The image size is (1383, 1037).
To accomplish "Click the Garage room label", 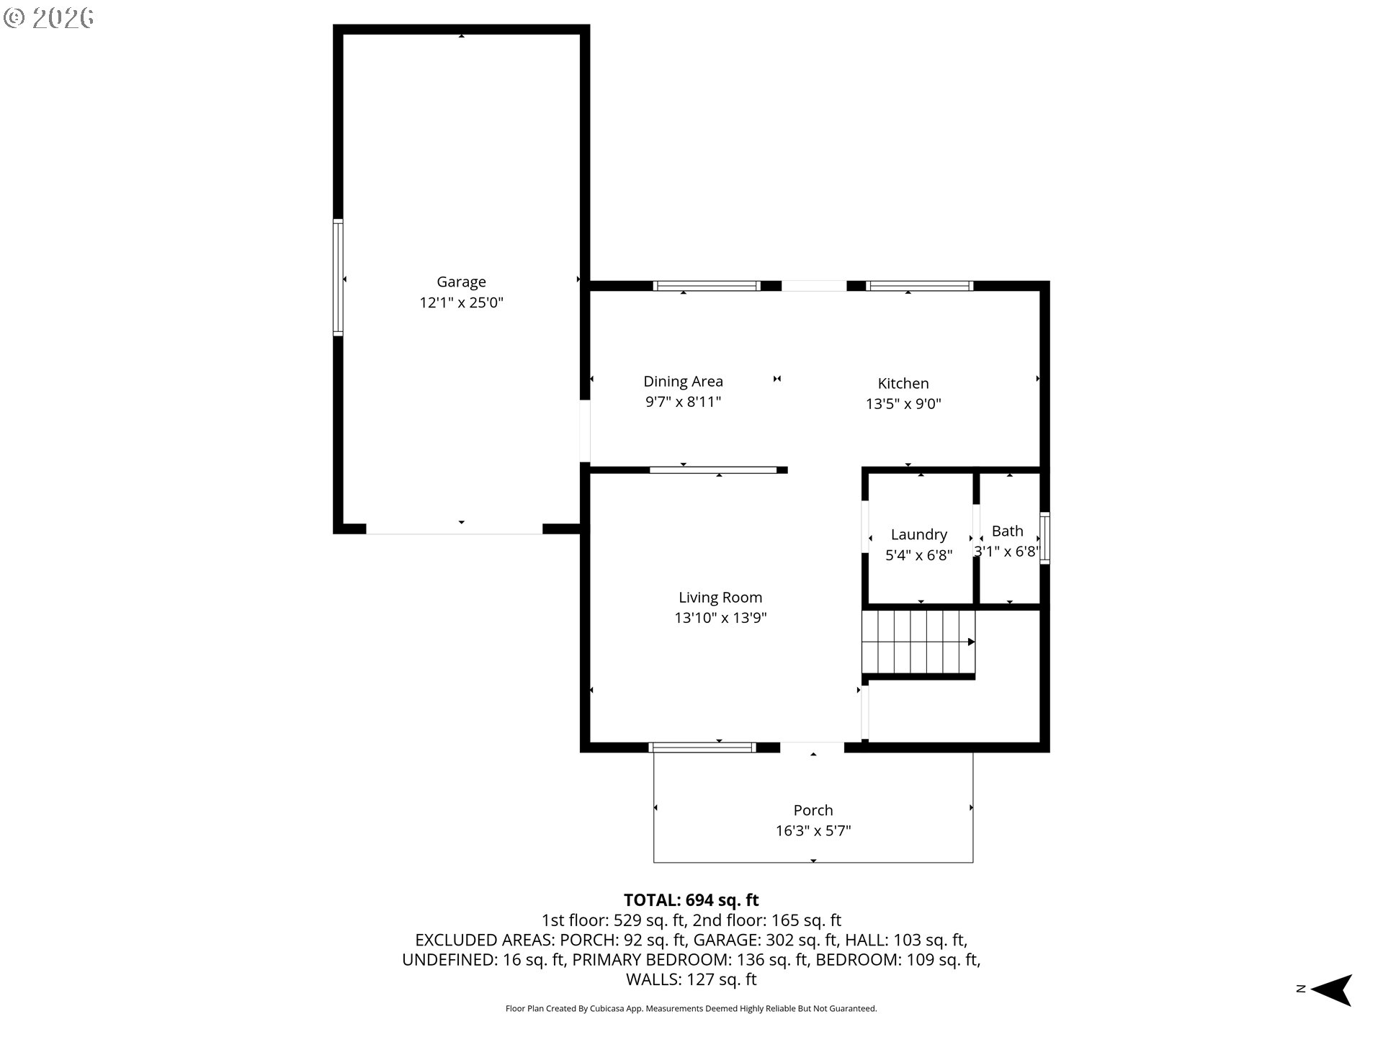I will [461, 282].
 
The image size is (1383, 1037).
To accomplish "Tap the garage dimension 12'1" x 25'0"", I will [461, 302].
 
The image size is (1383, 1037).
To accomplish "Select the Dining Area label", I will [683, 381].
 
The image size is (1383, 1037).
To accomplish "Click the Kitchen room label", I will [903, 383].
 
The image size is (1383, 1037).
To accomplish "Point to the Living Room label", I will [720, 597].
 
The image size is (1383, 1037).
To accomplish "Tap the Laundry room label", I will [918, 534].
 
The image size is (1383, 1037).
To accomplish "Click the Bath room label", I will [1007, 531].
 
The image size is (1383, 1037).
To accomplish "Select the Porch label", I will [813, 810].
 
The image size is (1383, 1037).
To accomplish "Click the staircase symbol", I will [918, 642].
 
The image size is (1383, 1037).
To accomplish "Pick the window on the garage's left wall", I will [337, 277].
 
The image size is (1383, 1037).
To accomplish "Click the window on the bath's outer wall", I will [1044, 537].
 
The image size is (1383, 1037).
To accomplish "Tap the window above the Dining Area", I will [706, 286].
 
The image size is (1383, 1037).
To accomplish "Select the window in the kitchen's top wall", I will [919, 286].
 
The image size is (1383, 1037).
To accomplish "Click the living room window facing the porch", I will [702, 748].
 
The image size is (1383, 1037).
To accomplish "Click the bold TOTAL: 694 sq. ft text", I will [691, 900].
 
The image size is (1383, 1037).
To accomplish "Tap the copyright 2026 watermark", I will [48, 18].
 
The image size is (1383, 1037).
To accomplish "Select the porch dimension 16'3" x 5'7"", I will [813, 831].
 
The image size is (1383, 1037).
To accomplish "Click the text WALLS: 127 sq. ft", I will [691, 979].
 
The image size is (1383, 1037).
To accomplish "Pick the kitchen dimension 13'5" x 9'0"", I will [903, 404].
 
